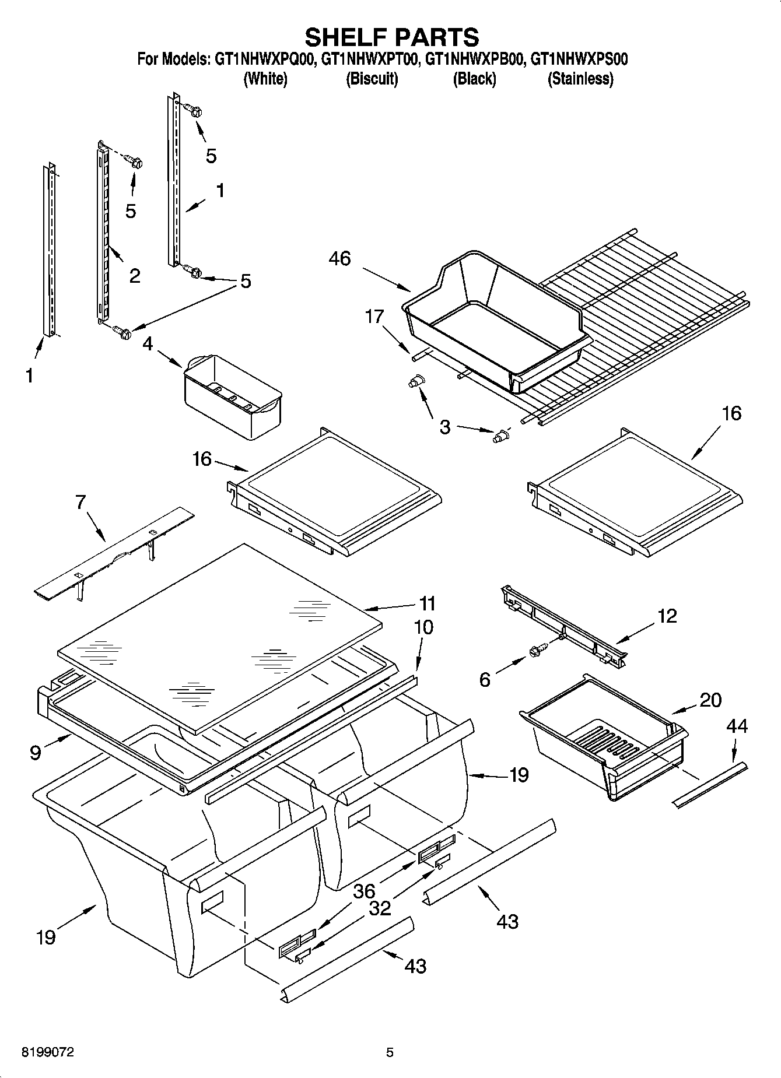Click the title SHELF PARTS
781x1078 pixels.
click(x=391, y=37)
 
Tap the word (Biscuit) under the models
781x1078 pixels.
click(x=372, y=79)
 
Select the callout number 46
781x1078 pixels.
click(x=339, y=258)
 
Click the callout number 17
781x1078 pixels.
click(x=374, y=317)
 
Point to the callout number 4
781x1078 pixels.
click(x=148, y=344)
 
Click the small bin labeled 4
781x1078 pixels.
click(x=233, y=396)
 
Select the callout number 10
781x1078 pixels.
click(x=423, y=627)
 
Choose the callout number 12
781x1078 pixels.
click(x=667, y=616)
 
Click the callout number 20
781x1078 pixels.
click(x=710, y=700)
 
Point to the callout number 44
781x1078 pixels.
click(x=737, y=726)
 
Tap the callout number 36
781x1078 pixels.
click(x=364, y=891)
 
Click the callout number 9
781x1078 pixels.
click(x=36, y=753)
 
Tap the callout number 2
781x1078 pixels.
click(x=134, y=276)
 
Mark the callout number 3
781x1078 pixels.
click(x=444, y=427)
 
